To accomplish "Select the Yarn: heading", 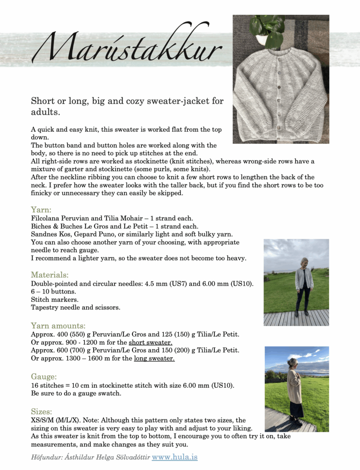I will pos(42,209).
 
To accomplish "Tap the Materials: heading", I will pos(50,275).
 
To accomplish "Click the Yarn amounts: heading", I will pos(58,325).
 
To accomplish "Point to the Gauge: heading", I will pos(44,376).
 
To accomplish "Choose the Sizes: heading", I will pos(42,412).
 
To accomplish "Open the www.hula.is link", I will pos(174,457).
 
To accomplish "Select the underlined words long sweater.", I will pos(154,359).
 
